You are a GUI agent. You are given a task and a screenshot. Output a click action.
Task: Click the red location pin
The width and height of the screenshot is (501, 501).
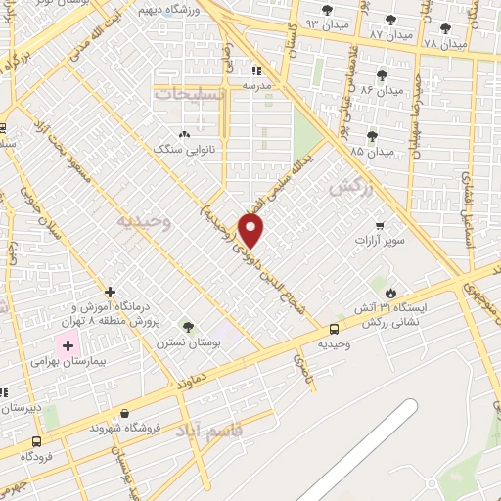[x=252, y=231]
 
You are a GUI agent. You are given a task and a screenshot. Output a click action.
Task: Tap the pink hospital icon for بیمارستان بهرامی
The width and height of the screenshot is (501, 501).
[x=68, y=343]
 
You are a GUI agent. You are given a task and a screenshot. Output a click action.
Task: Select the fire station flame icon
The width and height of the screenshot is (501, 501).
[x=390, y=292]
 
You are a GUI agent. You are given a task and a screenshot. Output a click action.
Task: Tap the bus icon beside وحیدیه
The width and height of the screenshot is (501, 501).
[x=335, y=329]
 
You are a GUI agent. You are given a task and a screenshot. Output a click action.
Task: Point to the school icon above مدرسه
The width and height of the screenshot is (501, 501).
[x=256, y=70]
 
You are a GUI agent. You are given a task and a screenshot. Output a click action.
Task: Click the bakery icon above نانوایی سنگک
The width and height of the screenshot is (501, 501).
[x=182, y=135]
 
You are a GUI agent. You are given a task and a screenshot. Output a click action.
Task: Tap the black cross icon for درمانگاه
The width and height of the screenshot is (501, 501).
[x=110, y=292]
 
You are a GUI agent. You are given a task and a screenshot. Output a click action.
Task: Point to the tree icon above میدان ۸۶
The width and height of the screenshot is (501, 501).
[x=382, y=74]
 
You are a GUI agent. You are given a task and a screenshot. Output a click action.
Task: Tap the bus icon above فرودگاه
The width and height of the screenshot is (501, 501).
[x=36, y=440]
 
